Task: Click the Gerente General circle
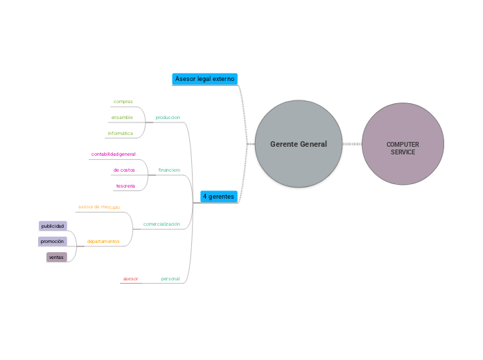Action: point(299,144)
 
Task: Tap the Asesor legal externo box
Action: point(204,79)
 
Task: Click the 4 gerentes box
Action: point(218,197)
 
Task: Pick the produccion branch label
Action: point(168,118)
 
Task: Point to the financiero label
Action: point(169,170)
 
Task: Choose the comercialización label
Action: point(161,224)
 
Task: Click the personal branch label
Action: point(170,278)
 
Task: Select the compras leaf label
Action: point(123,102)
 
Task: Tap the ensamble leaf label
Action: point(122,118)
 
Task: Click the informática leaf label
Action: point(120,134)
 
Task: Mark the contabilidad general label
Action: point(114,154)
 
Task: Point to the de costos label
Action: point(124,170)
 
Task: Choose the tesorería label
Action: point(125,186)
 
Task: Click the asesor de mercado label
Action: point(98,207)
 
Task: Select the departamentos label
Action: point(103,242)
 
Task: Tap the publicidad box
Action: point(53,226)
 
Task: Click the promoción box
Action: point(52,242)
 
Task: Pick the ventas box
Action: point(56,257)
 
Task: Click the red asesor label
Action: point(130,278)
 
